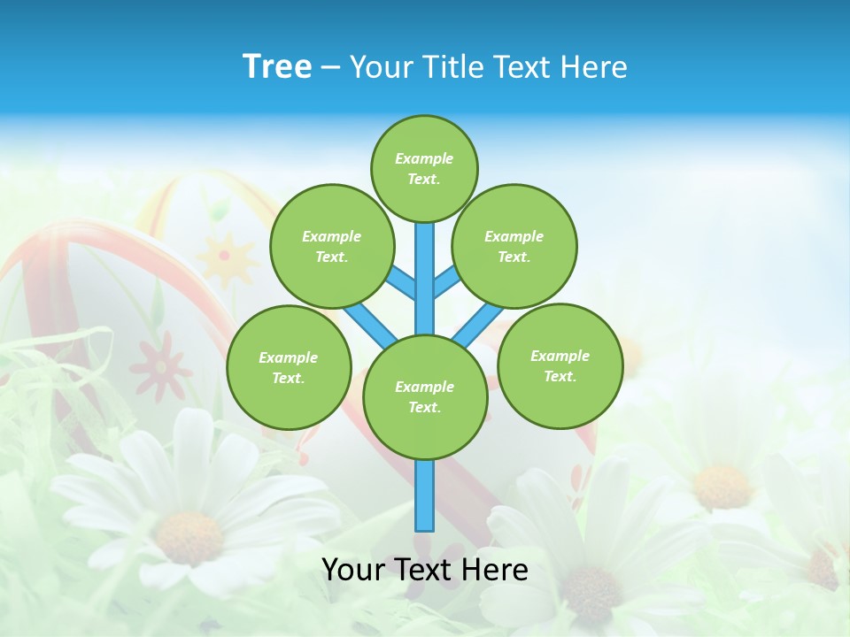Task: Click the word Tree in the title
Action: (x=276, y=66)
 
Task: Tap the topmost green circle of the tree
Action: (x=424, y=168)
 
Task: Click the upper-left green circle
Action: (x=332, y=246)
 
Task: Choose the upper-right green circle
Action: (x=514, y=246)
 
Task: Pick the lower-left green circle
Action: (x=289, y=367)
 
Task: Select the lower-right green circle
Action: (x=560, y=365)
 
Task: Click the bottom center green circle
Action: (x=425, y=396)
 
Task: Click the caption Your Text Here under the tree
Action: (x=425, y=570)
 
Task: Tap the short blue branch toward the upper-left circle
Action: (x=401, y=281)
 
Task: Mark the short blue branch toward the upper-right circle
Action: (x=446, y=280)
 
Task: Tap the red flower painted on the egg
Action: (x=160, y=365)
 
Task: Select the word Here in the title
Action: (x=595, y=66)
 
